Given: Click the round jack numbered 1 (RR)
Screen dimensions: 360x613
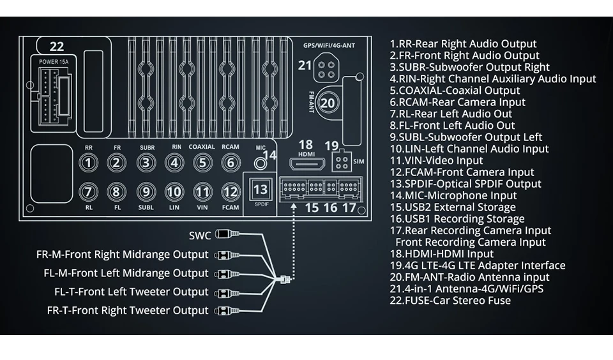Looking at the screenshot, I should click(x=89, y=163).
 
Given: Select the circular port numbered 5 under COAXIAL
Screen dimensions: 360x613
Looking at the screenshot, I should click(x=202, y=163).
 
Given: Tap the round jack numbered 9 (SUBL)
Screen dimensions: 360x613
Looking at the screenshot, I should click(x=146, y=191).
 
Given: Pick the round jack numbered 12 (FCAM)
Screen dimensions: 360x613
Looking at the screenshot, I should click(x=230, y=191).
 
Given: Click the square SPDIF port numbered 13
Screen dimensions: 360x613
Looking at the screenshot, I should click(x=261, y=190).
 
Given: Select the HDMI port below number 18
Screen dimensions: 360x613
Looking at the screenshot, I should click(x=306, y=163).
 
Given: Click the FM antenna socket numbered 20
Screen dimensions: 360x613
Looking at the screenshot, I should click(x=328, y=103).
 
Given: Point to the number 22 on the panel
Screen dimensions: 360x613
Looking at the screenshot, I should click(x=57, y=47).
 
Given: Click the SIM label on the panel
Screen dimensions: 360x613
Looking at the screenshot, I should click(x=358, y=163).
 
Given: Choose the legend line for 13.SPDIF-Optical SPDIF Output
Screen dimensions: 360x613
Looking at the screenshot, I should click(x=465, y=184).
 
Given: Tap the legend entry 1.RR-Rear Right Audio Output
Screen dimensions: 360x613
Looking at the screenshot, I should click(x=463, y=44).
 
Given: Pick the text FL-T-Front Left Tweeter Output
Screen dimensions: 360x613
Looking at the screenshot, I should click(x=132, y=292).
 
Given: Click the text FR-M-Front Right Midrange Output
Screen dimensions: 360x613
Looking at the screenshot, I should click(x=123, y=255).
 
